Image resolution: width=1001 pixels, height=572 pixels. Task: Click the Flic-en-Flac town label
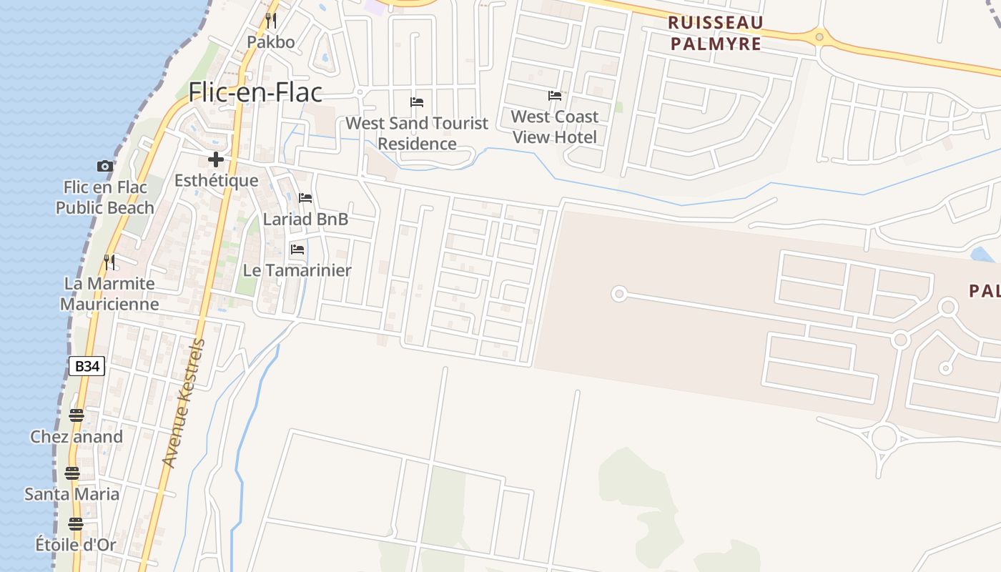[255, 92]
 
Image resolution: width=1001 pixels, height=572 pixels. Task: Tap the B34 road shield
[87, 366]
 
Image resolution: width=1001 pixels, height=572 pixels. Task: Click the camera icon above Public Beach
[105, 166]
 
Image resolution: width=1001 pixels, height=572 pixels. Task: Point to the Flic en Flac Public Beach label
[105, 197]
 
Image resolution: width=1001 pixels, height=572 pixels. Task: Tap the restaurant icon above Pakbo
[271, 20]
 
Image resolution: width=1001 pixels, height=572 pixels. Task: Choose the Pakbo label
[271, 42]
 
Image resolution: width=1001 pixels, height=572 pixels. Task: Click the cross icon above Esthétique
[216, 159]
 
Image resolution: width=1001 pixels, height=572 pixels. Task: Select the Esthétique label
[216, 180]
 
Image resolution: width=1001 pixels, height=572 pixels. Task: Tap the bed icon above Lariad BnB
[305, 197]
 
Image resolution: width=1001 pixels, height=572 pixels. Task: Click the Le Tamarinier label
[297, 270]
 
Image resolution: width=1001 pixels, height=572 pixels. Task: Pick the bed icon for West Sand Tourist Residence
[417, 102]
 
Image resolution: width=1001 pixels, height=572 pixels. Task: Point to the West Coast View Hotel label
[555, 127]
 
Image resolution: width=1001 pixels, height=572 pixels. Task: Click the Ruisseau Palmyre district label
[715, 33]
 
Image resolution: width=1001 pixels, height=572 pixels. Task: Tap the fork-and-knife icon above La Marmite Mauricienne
[109, 262]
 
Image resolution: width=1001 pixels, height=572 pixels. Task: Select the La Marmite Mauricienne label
[109, 294]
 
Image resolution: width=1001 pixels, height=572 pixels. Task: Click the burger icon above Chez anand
[77, 415]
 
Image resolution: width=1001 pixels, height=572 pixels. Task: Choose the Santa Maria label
[72, 494]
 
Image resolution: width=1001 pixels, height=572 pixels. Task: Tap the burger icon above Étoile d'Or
[76, 524]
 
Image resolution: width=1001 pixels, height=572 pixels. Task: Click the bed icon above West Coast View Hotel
[555, 95]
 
